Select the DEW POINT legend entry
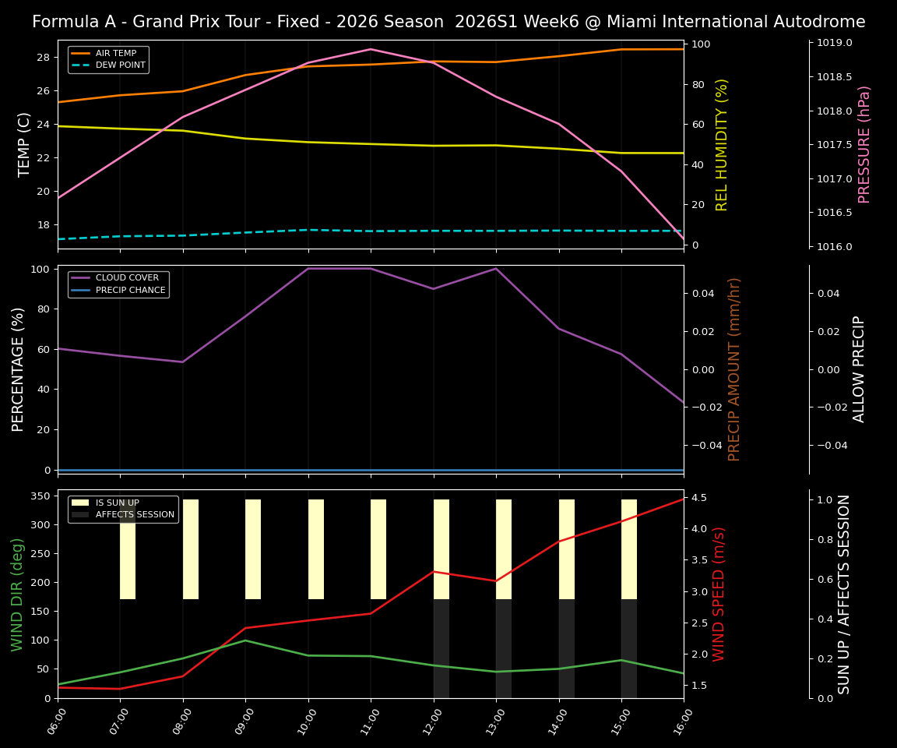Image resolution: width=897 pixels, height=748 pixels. tap(120, 65)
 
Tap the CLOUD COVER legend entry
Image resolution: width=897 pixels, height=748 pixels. tap(127, 278)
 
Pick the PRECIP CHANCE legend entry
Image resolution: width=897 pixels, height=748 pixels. tap(130, 291)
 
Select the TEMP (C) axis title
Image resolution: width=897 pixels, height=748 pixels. tap(25, 144)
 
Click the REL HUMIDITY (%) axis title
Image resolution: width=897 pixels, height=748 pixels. tap(722, 144)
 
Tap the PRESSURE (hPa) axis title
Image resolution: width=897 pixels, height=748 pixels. tap(864, 144)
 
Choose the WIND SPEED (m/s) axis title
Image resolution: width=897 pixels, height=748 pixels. tap(719, 594)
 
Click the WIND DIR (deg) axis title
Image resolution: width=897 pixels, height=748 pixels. tap(18, 594)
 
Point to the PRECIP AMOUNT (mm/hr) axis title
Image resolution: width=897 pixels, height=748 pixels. tap(734, 369)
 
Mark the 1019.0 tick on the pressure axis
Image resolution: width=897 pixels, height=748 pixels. tap(833, 43)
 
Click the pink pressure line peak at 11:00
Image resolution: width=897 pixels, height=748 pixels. tap(371, 49)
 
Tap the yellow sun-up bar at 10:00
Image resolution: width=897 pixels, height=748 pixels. tap(316, 549)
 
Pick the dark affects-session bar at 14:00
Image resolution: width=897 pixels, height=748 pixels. tap(567, 648)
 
